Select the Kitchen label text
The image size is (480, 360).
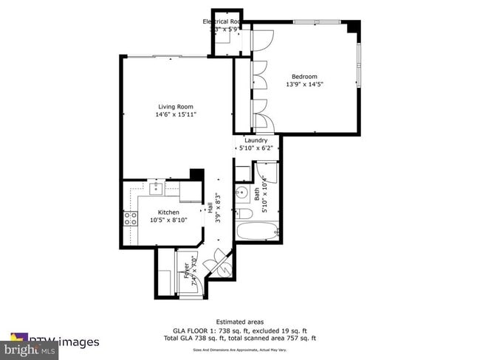pyautogui.click(x=168, y=212)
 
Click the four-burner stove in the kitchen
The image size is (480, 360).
pyautogui.click(x=131, y=218)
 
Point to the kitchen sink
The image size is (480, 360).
pyautogui.click(x=156, y=190)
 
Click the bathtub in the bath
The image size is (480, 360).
pyautogui.click(x=256, y=229)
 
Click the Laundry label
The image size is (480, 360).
pyautogui.click(x=256, y=140)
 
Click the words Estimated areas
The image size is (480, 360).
pyautogui.click(x=240, y=322)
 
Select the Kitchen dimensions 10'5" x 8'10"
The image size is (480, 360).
pyautogui.click(x=168, y=220)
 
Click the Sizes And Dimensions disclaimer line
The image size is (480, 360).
pyautogui.click(x=240, y=350)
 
